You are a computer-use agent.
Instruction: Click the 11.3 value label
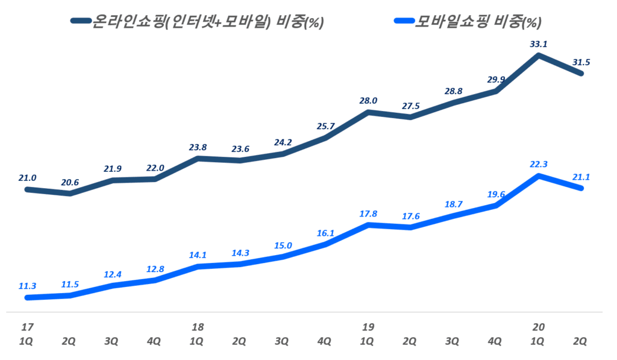[x=28, y=286]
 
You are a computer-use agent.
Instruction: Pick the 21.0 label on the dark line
[x=28, y=178]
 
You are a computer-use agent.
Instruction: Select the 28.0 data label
[x=368, y=101]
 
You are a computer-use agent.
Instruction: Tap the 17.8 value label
[x=368, y=213]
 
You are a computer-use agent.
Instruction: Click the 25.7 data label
[x=325, y=126]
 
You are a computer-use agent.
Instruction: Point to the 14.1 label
[x=198, y=255]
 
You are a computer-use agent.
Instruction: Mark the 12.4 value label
[x=113, y=274]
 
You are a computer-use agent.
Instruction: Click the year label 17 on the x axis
[x=27, y=327]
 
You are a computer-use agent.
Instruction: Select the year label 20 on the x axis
[x=538, y=327]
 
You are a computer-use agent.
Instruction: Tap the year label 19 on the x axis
[x=368, y=327]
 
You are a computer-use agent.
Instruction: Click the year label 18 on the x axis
[x=198, y=327]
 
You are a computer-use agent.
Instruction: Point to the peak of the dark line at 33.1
[x=537, y=56]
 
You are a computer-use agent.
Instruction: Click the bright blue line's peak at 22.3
[x=537, y=176]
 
